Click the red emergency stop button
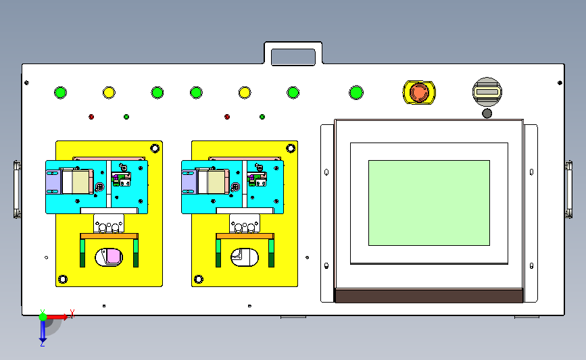[419, 93]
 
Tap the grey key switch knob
[487, 92]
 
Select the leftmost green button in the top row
[61, 93]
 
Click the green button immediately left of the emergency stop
[356, 93]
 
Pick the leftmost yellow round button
[109, 93]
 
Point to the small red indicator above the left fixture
[91, 117]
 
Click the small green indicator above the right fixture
[262, 117]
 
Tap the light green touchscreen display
[429, 203]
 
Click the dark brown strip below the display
[429, 295]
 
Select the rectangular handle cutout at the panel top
[293, 57]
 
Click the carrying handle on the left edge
[17, 189]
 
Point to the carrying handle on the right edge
[568, 189]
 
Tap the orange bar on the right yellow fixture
[245, 236]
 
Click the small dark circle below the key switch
[487, 113]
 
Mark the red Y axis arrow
[57, 317]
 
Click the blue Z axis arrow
[43, 331]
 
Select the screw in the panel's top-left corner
[26, 82]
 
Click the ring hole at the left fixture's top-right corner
[155, 149]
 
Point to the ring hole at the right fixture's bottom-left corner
[199, 279]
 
